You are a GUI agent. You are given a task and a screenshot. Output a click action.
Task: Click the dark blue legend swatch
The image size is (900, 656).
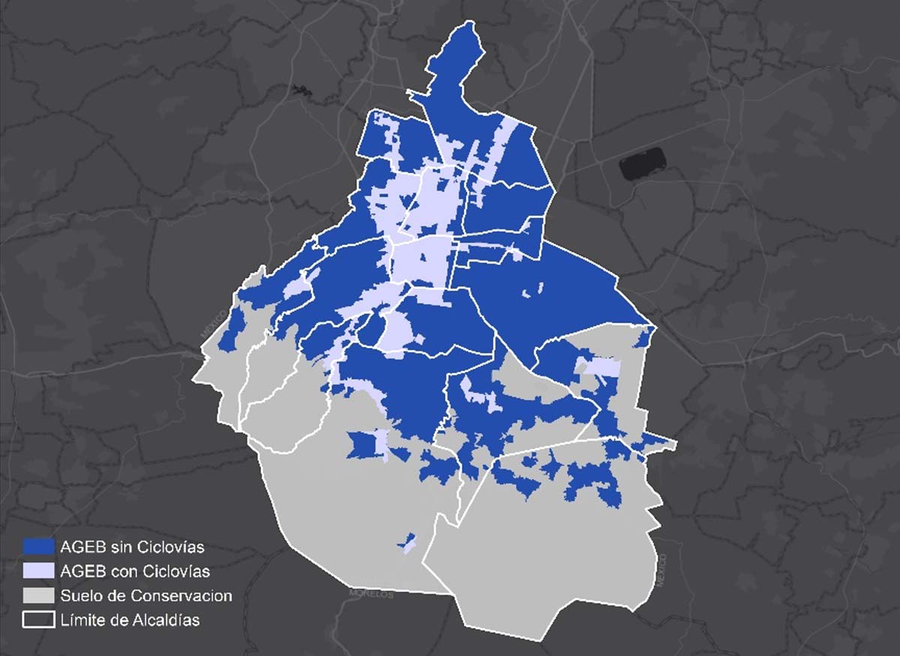[38, 547]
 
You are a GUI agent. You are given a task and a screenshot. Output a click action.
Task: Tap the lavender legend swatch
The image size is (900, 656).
[38, 571]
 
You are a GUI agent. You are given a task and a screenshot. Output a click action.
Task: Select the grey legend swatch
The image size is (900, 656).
[38, 596]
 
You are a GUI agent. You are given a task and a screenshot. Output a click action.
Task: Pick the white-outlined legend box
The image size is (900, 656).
[38, 620]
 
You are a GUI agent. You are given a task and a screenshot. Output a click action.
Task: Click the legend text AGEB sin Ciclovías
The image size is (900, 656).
[133, 547]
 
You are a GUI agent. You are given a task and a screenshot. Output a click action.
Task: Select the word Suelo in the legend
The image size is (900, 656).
[85, 596]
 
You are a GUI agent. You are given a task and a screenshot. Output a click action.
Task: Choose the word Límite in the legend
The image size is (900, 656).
[86, 620]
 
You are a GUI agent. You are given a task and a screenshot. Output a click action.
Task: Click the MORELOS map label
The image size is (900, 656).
[370, 594]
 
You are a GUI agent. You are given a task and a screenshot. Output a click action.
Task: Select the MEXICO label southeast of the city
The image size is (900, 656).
[661, 569]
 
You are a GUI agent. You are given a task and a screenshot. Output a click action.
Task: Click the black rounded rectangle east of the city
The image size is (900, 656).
[643, 163]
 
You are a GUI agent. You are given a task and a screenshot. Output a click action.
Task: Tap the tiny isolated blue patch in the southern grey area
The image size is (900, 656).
[409, 541]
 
